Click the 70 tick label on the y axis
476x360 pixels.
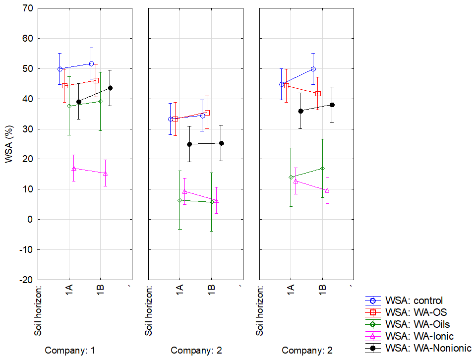[x=26, y=8]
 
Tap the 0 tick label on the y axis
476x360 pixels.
[x=28, y=219]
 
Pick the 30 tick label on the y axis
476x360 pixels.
[x=26, y=129]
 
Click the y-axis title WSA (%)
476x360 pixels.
[x=9, y=144]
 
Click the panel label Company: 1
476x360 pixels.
[x=70, y=351]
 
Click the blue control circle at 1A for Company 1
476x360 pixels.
[x=59, y=69]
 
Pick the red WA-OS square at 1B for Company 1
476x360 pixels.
[x=96, y=80]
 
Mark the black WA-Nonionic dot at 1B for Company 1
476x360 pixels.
[x=110, y=88]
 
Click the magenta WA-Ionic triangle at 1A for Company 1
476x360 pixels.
[x=74, y=169]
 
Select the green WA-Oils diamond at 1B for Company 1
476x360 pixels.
[x=101, y=101]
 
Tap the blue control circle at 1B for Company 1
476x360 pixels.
[x=91, y=63]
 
